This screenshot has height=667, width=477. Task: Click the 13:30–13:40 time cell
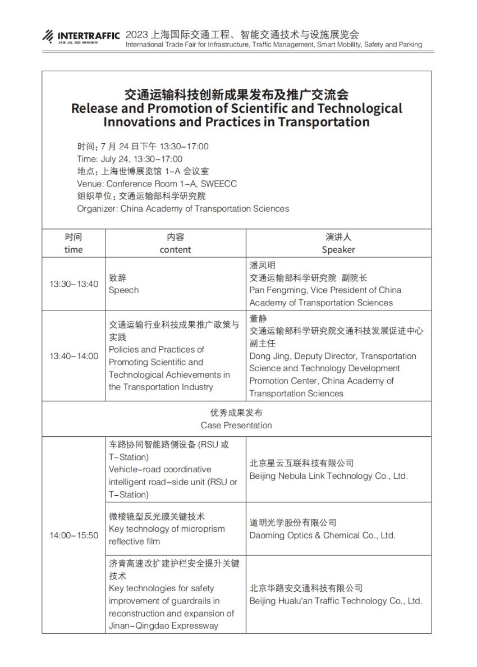click(x=74, y=284)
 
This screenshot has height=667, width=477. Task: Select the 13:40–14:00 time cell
click(x=74, y=356)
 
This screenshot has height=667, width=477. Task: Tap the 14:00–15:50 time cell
click(x=74, y=535)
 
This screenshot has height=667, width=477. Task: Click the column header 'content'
click(x=175, y=250)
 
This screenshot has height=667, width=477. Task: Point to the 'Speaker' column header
click(x=338, y=250)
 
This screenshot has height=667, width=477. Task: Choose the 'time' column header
click(x=74, y=250)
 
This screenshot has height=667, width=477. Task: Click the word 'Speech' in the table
click(x=123, y=290)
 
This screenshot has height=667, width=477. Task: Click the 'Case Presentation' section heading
click(x=236, y=425)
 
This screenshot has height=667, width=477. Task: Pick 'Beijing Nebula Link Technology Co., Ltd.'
click(x=328, y=476)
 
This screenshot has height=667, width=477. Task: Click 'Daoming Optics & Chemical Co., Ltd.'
click(x=322, y=535)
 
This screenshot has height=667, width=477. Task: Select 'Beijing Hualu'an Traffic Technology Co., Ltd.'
click(x=336, y=601)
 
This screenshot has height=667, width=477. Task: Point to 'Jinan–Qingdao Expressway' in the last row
click(x=163, y=625)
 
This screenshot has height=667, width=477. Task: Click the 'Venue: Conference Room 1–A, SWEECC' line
click(x=157, y=184)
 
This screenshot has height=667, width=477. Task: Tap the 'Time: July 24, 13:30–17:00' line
click(x=130, y=159)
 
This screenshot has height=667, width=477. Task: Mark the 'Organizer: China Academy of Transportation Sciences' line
click(x=183, y=208)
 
